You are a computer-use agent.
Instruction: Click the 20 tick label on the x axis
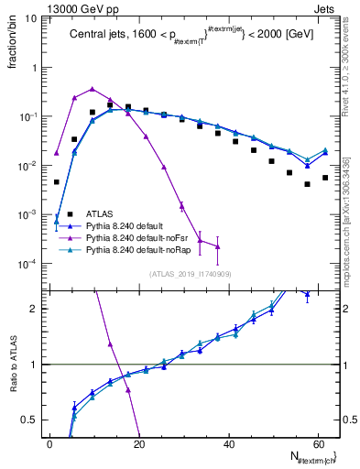137,444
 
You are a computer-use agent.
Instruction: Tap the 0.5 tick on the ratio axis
31,420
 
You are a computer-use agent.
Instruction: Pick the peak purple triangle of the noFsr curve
92,89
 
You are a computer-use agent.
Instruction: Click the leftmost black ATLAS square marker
56,181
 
